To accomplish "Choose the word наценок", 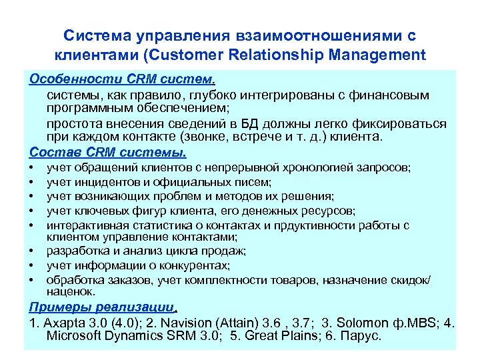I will [71, 291].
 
